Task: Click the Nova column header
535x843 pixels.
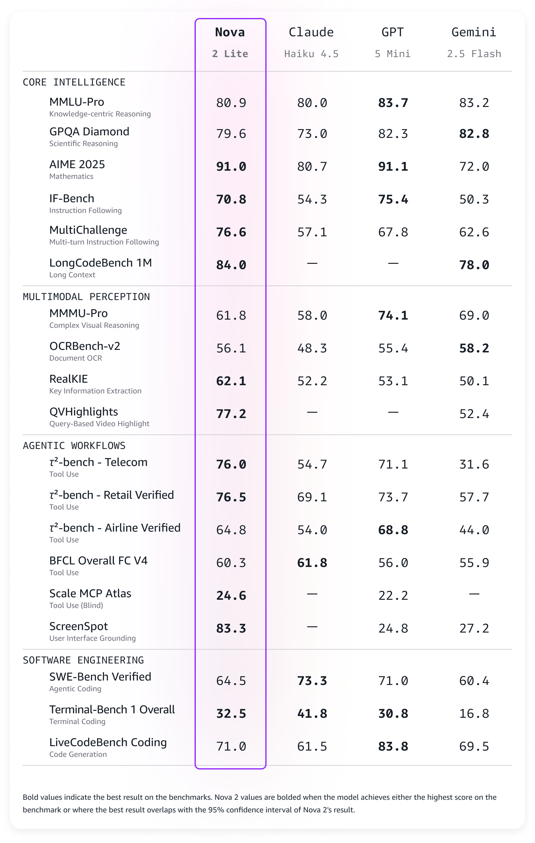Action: [230, 32]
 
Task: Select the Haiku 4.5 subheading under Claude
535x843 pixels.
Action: [311, 54]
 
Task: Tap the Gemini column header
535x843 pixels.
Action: [474, 32]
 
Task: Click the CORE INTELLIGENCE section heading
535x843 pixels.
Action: [74, 82]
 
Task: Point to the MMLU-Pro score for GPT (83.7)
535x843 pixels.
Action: [393, 103]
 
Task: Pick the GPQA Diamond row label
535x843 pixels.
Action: [89, 132]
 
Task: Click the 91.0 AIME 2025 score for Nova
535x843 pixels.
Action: [231, 167]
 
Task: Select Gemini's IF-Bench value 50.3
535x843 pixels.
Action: [474, 199]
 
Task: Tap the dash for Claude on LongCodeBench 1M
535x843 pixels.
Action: [312, 263]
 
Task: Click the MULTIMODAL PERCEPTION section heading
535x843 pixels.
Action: [86, 297]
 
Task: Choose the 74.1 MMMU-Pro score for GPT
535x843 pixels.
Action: [393, 316]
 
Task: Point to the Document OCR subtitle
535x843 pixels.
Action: [75, 358]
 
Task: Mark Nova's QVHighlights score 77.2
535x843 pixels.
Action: [231, 414]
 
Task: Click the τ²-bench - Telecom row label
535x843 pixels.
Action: [98, 463]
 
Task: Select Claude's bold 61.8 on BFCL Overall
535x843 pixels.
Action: [312, 563]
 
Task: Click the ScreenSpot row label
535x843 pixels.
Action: [78, 626]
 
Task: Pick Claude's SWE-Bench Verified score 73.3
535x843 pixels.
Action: [312, 681]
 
